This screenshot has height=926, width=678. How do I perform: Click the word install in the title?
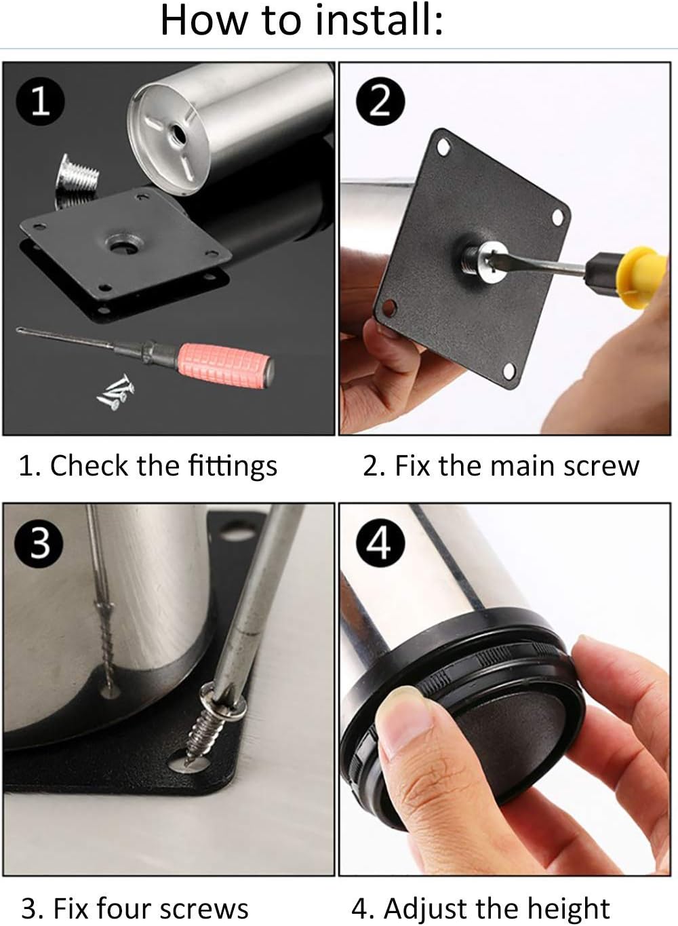[x=379, y=20]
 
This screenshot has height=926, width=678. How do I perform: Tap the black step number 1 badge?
[x=40, y=101]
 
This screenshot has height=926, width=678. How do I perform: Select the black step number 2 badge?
[x=380, y=101]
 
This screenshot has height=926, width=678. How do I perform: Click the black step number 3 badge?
[x=39, y=543]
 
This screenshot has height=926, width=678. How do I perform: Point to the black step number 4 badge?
[x=379, y=543]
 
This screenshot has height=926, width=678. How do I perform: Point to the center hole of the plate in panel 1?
[x=121, y=244]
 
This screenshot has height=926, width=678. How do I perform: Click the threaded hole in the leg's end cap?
[x=178, y=133]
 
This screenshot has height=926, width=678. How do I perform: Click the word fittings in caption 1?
[x=233, y=467]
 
